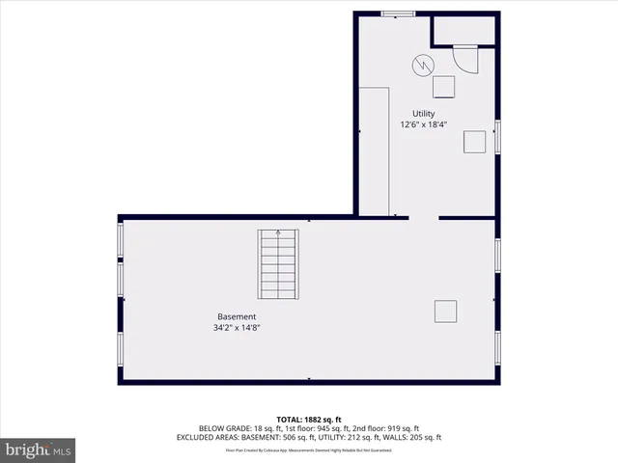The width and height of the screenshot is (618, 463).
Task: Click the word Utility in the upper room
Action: (x=423, y=114)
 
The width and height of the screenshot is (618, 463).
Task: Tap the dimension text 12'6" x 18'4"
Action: (x=423, y=124)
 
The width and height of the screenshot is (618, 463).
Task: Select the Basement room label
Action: (x=237, y=316)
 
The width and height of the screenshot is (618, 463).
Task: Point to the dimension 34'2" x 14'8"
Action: (x=237, y=327)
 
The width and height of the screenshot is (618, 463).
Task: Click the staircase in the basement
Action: (x=278, y=264)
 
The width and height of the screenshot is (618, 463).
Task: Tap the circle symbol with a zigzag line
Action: (x=423, y=65)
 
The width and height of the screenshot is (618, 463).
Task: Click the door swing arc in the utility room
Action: (x=467, y=61)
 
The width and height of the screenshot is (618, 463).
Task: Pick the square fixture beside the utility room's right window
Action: (x=475, y=142)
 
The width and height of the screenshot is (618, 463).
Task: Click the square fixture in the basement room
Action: (x=445, y=312)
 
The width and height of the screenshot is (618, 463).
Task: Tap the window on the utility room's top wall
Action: (x=398, y=14)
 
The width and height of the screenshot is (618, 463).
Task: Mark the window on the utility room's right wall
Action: (x=498, y=135)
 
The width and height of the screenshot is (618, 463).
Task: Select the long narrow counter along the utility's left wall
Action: (x=374, y=150)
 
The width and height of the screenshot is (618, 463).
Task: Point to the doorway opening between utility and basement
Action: (x=423, y=219)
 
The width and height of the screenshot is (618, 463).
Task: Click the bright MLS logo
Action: (x=39, y=449)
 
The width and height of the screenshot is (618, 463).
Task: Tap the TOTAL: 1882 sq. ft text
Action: (x=309, y=419)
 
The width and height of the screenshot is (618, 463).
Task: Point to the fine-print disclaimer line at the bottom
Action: (x=309, y=449)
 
